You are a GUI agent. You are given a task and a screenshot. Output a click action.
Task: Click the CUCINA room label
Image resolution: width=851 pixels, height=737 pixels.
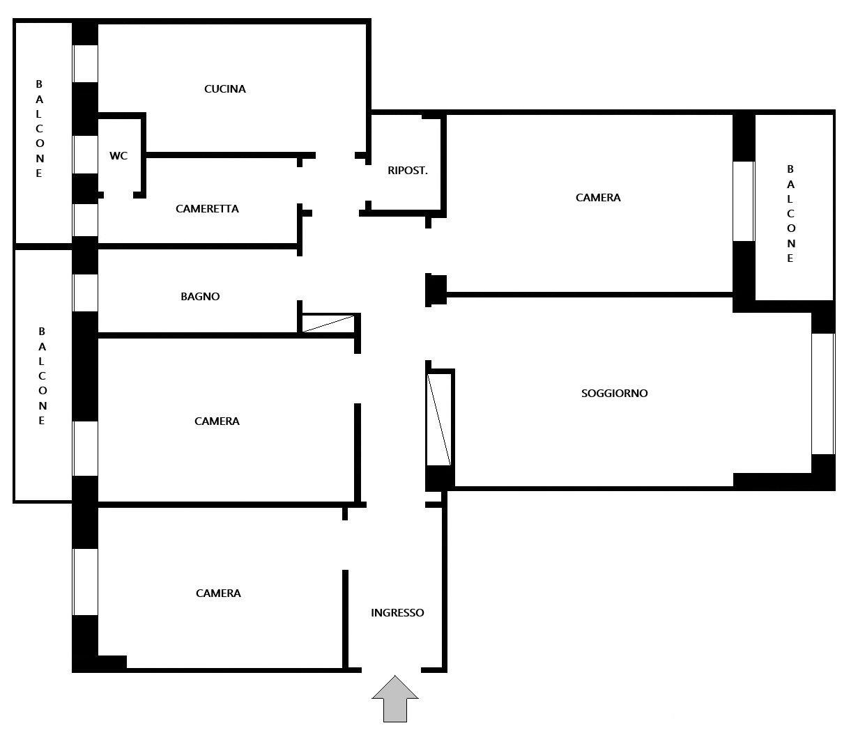coord(225,89)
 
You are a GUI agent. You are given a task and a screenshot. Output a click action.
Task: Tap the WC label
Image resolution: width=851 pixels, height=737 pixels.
coord(118,156)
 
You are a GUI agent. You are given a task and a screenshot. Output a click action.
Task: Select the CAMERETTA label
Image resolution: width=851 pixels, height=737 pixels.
coord(207,209)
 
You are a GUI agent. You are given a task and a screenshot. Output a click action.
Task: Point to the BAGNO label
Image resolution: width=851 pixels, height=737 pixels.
coord(200,296)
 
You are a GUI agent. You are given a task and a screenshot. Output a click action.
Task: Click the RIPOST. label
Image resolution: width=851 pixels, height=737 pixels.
coord(408,171)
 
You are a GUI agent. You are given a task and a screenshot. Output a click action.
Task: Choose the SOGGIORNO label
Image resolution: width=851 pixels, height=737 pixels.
coord(614,394)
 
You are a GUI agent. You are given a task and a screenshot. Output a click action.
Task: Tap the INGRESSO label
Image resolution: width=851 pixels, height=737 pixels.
coord(397,613)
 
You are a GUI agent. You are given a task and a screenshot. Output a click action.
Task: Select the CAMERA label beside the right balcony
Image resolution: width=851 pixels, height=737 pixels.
coord(598,198)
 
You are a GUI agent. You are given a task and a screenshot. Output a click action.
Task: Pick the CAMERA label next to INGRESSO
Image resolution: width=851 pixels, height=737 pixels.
coord(218,593)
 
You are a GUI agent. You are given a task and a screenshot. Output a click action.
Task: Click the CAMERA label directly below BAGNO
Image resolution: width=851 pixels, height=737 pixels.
coord(217,421)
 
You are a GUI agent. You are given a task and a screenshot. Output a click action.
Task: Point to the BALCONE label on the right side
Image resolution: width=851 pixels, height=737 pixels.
coord(790,214)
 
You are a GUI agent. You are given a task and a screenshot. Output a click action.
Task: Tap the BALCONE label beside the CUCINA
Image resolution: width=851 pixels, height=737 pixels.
coord(39,129)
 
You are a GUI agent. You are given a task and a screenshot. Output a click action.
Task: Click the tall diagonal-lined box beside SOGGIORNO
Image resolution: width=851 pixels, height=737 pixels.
coord(439,419)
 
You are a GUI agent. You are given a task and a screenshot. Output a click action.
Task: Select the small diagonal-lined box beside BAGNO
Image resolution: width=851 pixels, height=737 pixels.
coord(328,323)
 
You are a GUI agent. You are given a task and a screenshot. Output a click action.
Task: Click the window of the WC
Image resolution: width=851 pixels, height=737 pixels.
coord(85,155)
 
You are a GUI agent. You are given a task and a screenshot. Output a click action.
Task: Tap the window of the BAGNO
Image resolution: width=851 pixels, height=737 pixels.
coord(85,293)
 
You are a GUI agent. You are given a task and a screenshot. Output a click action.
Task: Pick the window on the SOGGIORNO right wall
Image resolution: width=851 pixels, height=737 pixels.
coord(823,394)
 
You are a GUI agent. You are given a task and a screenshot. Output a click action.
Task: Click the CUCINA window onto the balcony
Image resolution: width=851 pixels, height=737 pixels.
coord(85,64)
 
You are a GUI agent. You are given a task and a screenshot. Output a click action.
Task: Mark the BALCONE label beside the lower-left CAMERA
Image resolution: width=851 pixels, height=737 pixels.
coord(42,376)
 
